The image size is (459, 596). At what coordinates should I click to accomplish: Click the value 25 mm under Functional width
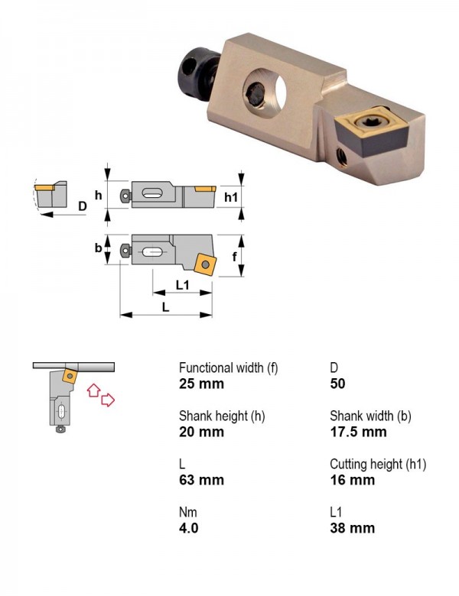[201, 384]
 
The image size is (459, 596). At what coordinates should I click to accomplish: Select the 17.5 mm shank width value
[358, 432]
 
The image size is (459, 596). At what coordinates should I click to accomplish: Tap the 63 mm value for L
[201, 480]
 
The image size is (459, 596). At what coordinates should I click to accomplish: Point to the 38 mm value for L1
[353, 528]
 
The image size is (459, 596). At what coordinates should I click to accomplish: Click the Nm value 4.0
[189, 528]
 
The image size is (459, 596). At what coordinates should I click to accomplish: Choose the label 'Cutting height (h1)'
[378, 464]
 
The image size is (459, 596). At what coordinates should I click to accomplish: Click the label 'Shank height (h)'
[222, 416]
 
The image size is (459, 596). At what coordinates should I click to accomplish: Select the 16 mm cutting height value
[353, 480]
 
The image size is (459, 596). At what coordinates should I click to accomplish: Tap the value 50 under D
[337, 384]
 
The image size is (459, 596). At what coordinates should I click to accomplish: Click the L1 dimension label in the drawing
[183, 285]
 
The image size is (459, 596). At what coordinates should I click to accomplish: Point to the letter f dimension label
[234, 257]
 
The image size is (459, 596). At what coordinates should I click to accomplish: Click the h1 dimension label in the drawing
[231, 197]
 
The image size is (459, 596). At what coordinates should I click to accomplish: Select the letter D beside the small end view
[83, 206]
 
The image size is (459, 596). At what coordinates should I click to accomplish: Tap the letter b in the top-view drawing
[98, 248]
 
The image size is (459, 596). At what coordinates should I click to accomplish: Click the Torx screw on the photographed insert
[368, 122]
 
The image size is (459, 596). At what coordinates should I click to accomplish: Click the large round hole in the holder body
[265, 92]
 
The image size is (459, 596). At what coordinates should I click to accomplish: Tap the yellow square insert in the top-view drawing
[205, 264]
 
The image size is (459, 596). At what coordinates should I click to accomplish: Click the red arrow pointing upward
[93, 390]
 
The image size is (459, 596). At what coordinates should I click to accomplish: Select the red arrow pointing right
[108, 400]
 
